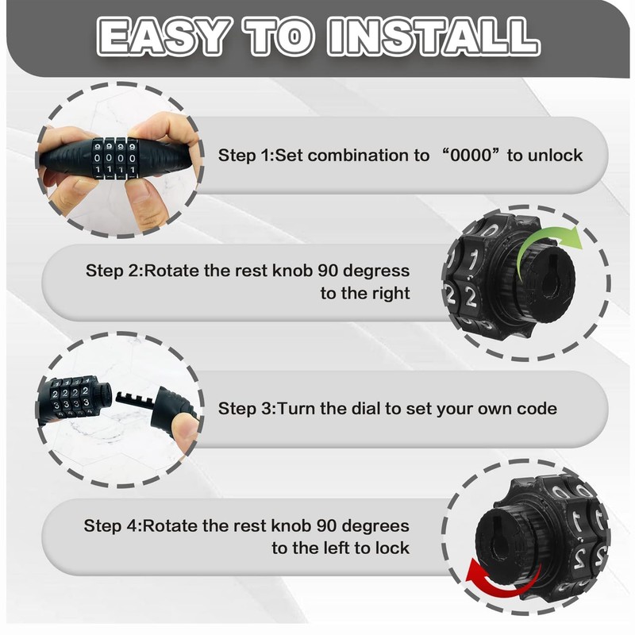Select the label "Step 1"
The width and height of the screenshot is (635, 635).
[244, 155]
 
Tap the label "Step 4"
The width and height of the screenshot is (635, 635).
[111, 525]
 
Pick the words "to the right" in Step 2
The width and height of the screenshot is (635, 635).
[365, 293]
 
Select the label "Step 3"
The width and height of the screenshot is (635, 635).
[244, 409]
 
